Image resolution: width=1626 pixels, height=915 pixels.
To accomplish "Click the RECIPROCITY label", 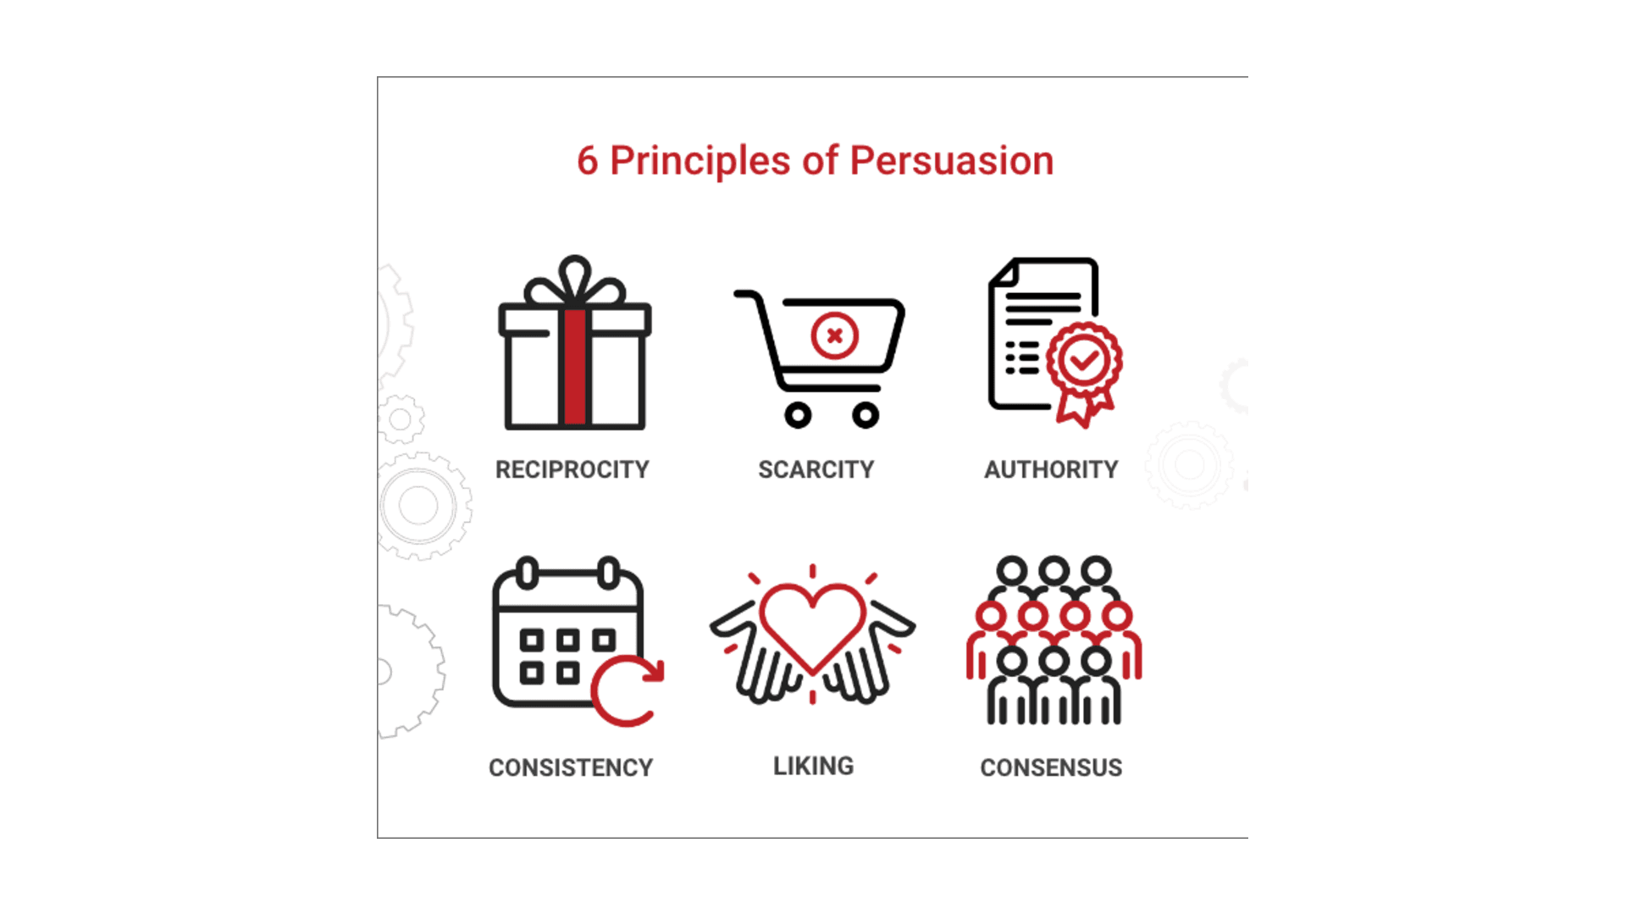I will point(572,469).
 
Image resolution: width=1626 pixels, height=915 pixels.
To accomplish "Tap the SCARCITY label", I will point(816,469).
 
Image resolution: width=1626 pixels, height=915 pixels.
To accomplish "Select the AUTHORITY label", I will point(1051,469).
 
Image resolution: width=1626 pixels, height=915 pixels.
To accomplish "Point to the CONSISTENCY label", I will point(571,768).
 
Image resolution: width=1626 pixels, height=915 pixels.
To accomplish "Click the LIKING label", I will point(813,766).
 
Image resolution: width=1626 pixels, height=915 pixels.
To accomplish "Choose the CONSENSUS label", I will point(1051,768).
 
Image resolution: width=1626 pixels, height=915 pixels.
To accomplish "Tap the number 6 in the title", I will point(587,161).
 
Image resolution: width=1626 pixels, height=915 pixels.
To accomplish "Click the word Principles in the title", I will point(700,161).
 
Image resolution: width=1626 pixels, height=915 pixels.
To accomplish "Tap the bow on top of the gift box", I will point(575,281).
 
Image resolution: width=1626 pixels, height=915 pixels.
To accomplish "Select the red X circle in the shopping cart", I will point(834,335).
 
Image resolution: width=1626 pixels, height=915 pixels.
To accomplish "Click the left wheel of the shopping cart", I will point(798,415).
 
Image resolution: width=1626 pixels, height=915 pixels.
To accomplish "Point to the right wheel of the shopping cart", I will point(865,415).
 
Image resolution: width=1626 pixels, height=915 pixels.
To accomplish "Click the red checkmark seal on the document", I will point(1084,363).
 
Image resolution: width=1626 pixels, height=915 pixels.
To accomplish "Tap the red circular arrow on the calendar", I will point(628,690).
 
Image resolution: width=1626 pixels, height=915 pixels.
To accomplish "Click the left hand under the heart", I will point(749,657).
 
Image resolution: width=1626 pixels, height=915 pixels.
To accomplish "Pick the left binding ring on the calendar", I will point(527,574).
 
